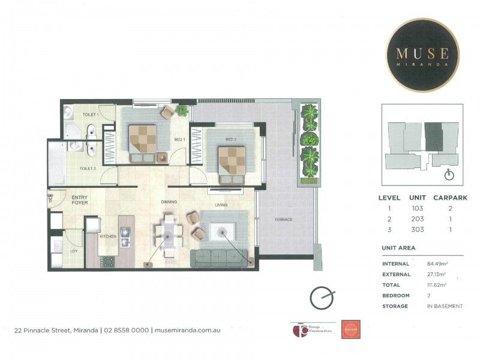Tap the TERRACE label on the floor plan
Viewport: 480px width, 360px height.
coord(283,220)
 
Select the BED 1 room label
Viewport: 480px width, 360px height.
coord(178,139)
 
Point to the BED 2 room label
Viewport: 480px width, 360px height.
coord(230,139)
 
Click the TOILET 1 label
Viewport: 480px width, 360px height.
coord(90,114)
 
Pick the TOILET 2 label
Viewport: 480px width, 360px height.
coord(88,169)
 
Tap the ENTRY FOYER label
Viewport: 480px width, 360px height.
coord(80,200)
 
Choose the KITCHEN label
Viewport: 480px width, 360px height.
coord(108,236)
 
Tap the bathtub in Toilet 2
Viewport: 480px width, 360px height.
coord(58,158)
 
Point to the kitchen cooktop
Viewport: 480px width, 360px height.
coord(109,261)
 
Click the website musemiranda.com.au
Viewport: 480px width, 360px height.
coord(187,330)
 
